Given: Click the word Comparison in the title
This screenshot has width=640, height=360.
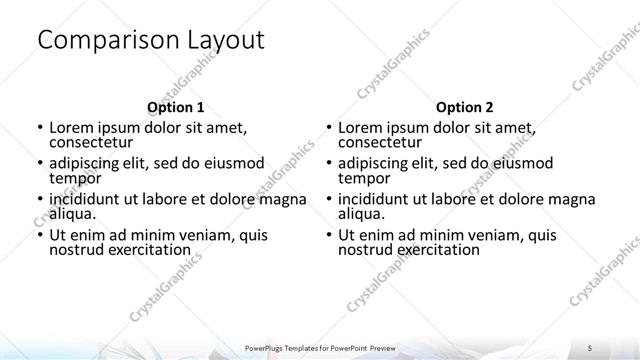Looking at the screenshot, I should (107, 41).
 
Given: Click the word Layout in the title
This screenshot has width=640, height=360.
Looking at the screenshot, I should (225, 41).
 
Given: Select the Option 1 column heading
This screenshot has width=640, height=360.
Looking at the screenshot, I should (175, 106).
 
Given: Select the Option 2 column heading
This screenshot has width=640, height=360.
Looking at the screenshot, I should (464, 106).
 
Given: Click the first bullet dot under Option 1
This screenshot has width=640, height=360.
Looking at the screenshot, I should (39, 128).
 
